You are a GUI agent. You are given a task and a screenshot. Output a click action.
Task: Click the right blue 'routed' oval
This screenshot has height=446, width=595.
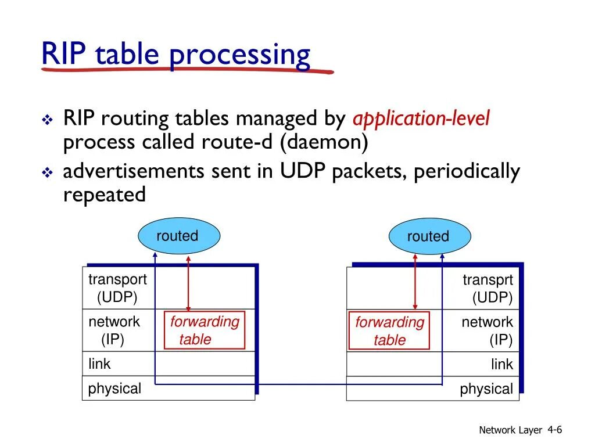pyautogui.click(x=429, y=237)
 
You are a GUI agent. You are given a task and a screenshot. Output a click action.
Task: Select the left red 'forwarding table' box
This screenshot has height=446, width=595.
pyautogui.click(x=205, y=330)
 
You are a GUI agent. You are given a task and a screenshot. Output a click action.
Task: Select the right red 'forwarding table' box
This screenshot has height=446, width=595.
pyautogui.click(x=389, y=331)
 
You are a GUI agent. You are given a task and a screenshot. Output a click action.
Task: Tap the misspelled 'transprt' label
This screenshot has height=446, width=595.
pyautogui.click(x=488, y=280)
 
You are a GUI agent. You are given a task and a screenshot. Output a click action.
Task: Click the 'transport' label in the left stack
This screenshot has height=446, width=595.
pyautogui.click(x=117, y=279)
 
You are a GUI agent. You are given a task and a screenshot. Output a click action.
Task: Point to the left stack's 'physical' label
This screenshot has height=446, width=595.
pyautogui.click(x=114, y=389)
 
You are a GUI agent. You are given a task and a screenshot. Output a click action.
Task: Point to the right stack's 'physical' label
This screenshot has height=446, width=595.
pyautogui.click(x=486, y=389)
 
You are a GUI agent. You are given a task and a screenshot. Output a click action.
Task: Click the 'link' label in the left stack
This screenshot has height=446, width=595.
pyautogui.click(x=99, y=364)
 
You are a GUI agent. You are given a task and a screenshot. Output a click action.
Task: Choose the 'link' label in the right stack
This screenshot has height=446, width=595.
pyautogui.click(x=502, y=365)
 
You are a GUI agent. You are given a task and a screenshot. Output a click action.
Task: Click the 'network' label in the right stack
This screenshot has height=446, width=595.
pyautogui.click(x=487, y=322)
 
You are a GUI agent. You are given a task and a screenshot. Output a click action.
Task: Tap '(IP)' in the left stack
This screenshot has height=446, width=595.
pyautogui.click(x=113, y=340)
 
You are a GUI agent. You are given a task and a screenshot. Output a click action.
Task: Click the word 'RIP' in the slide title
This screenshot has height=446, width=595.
pyautogui.click(x=64, y=55)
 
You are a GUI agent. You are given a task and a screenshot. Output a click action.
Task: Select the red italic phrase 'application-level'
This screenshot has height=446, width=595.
pyautogui.click(x=421, y=119)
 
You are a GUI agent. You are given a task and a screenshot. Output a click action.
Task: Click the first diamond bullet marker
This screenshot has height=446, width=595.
pyautogui.click(x=47, y=120)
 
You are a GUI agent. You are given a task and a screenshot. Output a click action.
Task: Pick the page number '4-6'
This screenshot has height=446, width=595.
pyautogui.click(x=554, y=430)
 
